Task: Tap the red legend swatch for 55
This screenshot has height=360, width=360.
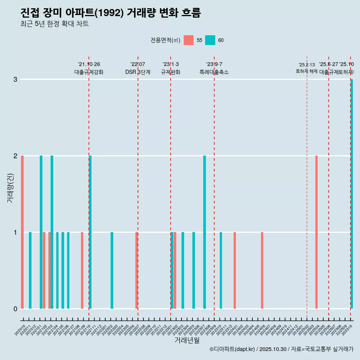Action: coord(189,40)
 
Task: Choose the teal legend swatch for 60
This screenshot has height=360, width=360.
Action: coord(210,40)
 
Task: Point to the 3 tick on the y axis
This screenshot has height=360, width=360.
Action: coord(15,79)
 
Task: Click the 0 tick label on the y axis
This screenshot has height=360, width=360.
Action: coord(15,309)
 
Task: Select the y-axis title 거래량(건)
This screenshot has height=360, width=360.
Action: coord(10,188)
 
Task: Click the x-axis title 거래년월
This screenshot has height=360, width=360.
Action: coord(187,340)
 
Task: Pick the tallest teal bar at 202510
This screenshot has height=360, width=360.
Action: coord(352,194)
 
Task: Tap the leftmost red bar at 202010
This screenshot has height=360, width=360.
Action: coord(22,232)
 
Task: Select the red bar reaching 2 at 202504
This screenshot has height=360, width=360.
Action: coord(316,232)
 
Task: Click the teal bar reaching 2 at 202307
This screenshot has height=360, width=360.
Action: coord(204,232)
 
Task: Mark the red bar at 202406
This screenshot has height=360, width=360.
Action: coord(262,270)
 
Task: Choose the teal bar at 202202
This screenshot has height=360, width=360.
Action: coord(112,270)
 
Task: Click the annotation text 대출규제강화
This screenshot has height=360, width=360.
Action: coord(89,72)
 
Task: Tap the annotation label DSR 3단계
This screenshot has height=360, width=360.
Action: coord(138,72)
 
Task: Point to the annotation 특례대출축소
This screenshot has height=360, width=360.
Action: coord(214,72)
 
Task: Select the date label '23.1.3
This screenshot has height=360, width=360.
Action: coord(171,64)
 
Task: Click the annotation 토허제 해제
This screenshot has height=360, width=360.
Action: coord(307,71)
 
